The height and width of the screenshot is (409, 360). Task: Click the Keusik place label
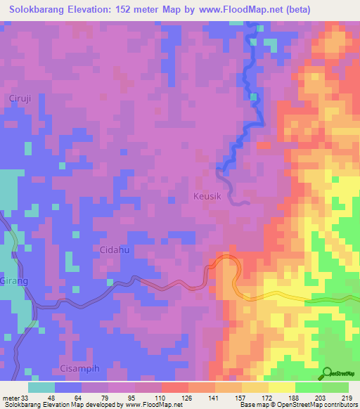pyautogui.click(x=207, y=197)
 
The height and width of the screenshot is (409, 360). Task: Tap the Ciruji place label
pyautogui.click(x=20, y=98)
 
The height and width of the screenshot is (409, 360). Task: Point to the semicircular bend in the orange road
pyautogui.click(x=225, y=259)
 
